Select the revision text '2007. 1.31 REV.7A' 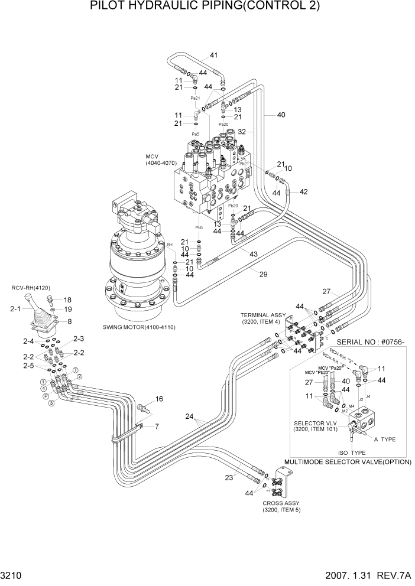(x=365, y=575)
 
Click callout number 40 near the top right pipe (x=281, y=115)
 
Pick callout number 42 (x=304, y=191)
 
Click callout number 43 (x=253, y=254)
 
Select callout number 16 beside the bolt (x=158, y=399)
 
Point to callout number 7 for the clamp (x=157, y=426)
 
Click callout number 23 (x=229, y=479)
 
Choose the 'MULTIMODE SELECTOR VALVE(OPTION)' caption (x=348, y=462)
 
